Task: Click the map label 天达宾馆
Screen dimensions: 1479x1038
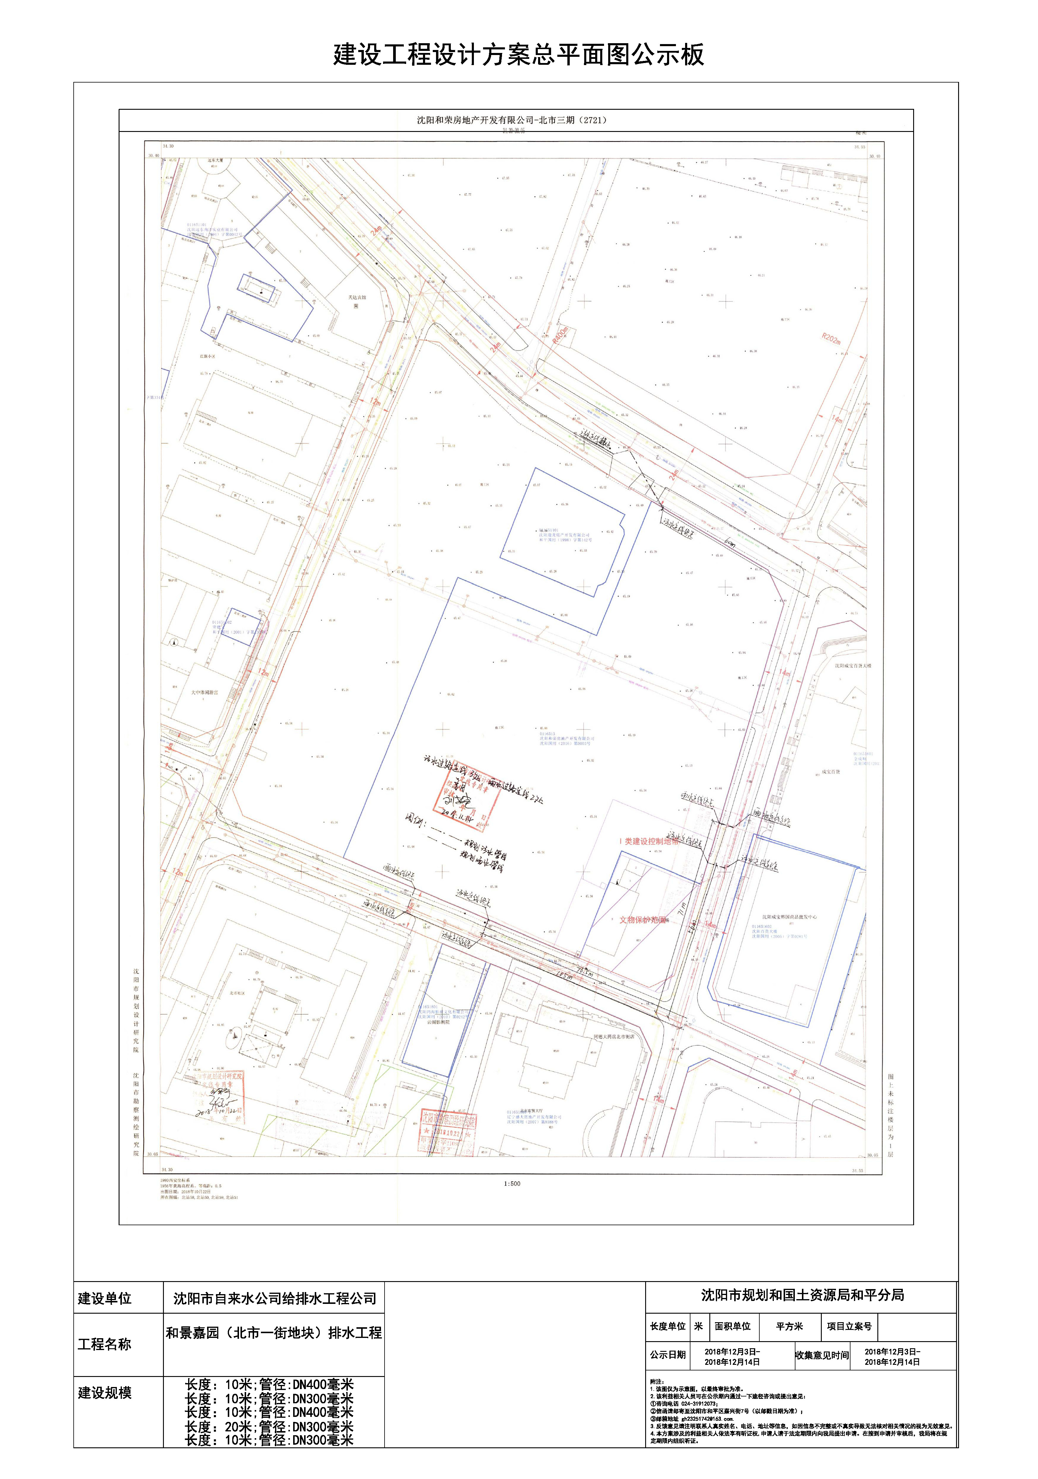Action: coord(357,298)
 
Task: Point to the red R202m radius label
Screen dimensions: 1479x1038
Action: coord(831,338)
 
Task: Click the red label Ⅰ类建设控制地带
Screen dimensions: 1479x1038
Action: coord(649,841)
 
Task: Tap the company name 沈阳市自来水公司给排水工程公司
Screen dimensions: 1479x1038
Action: coord(275,1298)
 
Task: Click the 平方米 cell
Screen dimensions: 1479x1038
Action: coord(789,1326)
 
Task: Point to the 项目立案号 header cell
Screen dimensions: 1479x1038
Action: coord(849,1326)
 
